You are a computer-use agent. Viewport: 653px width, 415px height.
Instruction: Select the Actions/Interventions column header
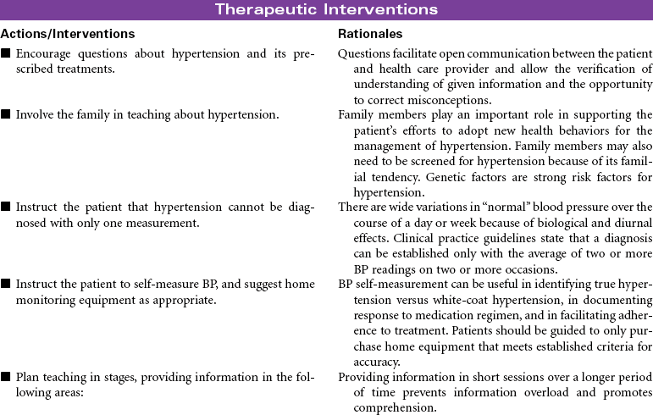[x=67, y=35]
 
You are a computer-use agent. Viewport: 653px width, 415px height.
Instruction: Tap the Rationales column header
[x=370, y=35]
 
